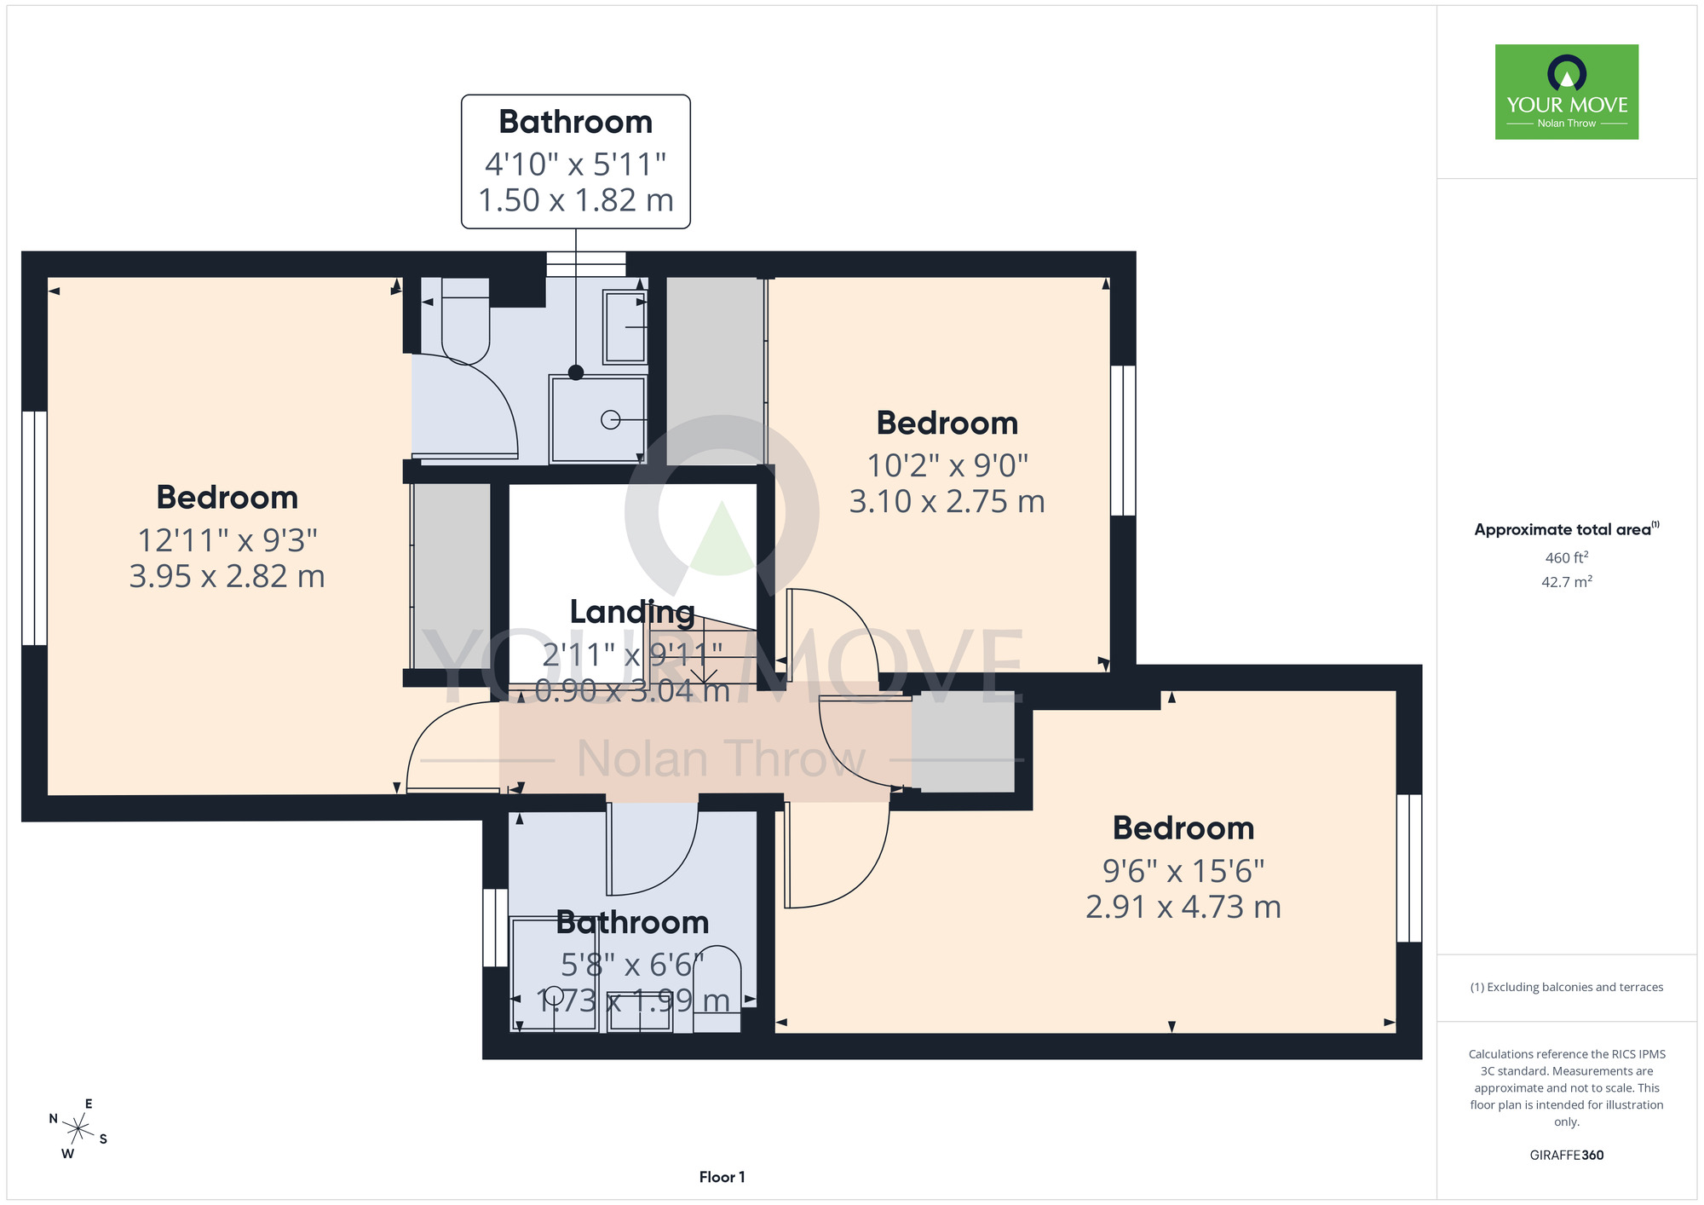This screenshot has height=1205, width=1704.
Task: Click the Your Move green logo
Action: [1567, 92]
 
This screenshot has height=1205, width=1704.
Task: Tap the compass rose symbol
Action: [78, 1130]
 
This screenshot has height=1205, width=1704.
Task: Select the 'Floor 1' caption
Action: [722, 1177]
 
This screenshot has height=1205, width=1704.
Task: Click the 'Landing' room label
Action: [632, 612]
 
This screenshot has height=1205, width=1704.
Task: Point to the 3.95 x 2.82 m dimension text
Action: [227, 576]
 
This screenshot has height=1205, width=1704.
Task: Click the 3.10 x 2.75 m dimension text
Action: [947, 501]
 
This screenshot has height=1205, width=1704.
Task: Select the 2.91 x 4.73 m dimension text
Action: [1183, 907]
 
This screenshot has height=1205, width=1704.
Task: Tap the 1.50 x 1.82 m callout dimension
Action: [576, 200]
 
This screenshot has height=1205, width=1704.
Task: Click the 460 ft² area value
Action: [1567, 558]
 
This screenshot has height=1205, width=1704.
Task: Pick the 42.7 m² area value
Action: [1567, 582]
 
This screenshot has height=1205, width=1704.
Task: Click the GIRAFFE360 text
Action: [1567, 1156]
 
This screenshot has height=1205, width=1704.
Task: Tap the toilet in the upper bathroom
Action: [465, 320]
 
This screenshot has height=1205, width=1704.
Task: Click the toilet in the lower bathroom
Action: [717, 989]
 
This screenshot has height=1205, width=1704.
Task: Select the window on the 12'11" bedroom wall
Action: [34, 528]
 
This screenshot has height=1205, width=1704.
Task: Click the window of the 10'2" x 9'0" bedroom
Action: [1124, 441]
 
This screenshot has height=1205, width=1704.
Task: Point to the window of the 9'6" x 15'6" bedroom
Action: [1409, 868]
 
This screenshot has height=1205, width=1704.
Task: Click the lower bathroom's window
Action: [495, 928]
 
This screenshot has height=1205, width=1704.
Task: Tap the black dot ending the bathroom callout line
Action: [576, 372]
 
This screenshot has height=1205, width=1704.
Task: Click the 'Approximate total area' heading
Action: [1567, 529]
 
